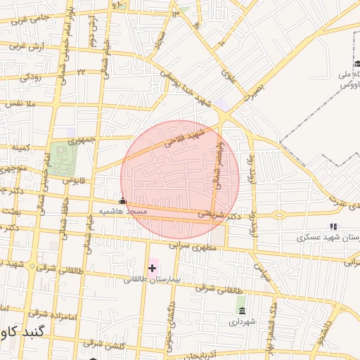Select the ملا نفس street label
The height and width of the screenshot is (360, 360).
pos(20,105)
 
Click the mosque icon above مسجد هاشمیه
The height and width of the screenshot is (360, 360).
pos(123,201)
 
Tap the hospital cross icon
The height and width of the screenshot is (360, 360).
pos(152,268)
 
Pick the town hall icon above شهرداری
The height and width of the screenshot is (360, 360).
pos(242,311)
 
